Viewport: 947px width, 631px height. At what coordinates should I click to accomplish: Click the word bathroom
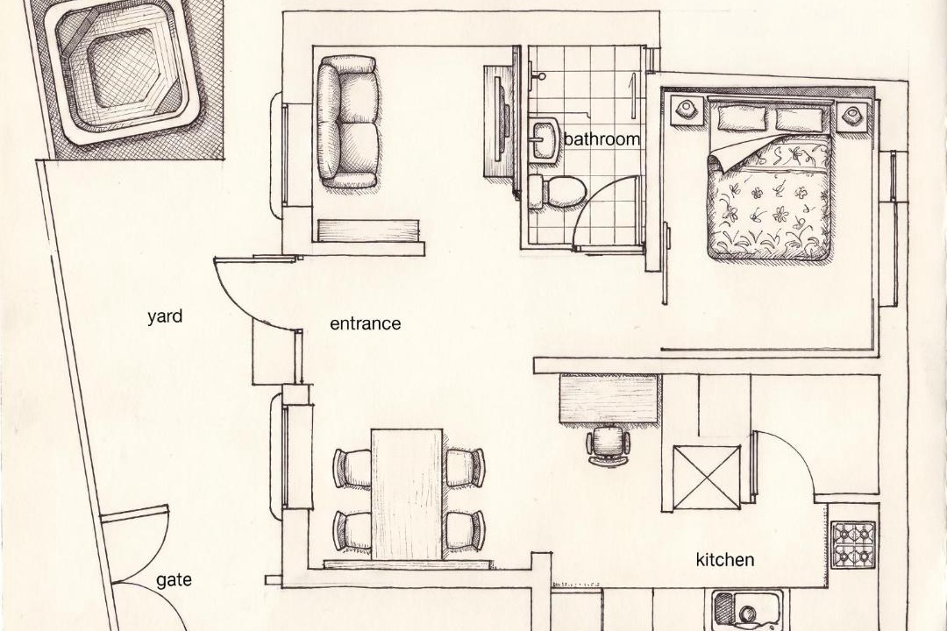coord(602,139)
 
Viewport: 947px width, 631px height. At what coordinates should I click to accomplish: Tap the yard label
coord(165,317)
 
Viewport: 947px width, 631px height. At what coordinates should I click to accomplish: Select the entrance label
coord(366,323)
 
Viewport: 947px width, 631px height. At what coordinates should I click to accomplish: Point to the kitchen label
coord(725,560)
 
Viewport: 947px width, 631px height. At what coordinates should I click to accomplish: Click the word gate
coord(174,581)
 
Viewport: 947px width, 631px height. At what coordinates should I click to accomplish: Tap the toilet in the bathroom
coord(556,191)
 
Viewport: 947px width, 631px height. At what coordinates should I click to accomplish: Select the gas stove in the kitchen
coord(853,544)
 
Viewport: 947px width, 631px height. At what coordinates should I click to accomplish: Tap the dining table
coord(407,494)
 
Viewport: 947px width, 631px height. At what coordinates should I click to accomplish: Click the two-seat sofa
coord(347,121)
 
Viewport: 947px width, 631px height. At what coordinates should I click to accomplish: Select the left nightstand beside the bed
coord(687,110)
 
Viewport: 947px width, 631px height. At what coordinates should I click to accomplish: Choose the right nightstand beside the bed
coord(852,115)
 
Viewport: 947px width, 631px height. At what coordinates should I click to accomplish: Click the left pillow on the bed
coord(742,116)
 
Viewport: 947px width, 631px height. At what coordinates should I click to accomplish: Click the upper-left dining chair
coord(352,468)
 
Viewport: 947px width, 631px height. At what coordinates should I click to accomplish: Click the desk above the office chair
coord(609,398)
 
